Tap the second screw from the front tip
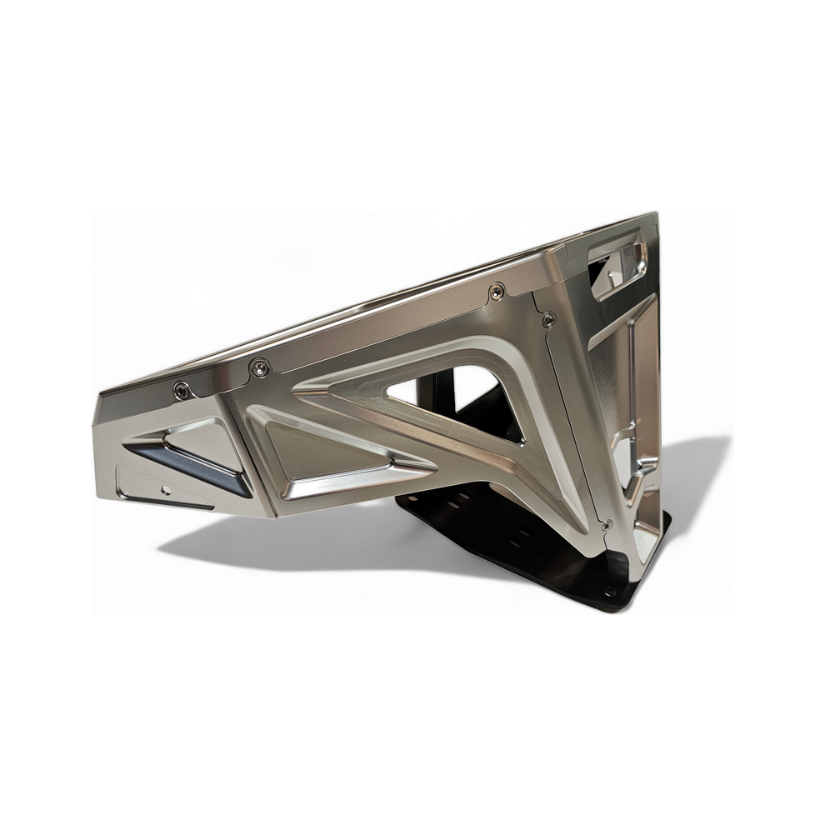click(x=261, y=366)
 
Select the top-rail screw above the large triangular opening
click(x=497, y=291)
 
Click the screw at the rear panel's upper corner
click(x=548, y=319)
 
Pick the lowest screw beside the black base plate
click(x=607, y=526)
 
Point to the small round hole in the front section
click(x=167, y=489)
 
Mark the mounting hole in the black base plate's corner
click(x=612, y=591)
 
